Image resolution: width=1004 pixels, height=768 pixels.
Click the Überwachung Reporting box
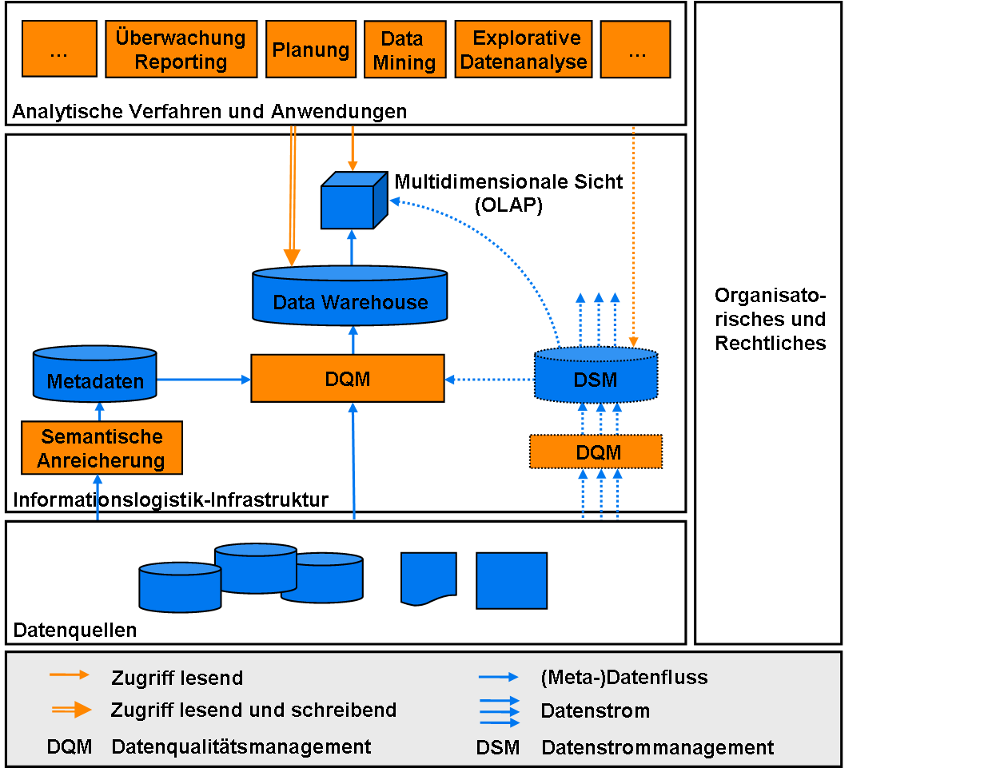(x=181, y=50)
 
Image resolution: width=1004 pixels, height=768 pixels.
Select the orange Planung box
(x=310, y=50)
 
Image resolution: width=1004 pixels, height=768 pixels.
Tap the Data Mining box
(x=404, y=50)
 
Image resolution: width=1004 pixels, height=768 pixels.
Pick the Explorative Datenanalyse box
(x=524, y=50)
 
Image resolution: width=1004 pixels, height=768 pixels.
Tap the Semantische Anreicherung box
(x=102, y=448)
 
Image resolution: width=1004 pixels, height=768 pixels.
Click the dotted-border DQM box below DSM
(x=596, y=452)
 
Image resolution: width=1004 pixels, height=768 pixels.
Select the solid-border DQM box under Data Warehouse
(x=347, y=379)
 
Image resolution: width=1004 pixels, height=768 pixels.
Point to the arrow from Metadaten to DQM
(x=204, y=380)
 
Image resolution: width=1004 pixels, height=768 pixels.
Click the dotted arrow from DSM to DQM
(x=489, y=380)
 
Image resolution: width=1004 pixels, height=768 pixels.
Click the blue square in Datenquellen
(x=512, y=581)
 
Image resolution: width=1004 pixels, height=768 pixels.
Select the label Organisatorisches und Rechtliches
(x=770, y=319)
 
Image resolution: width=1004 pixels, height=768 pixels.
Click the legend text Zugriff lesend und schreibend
(x=253, y=710)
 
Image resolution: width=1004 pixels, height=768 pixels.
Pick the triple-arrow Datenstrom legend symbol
(x=499, y=711)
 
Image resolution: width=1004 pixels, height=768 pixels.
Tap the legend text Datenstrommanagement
(x=657, y=748)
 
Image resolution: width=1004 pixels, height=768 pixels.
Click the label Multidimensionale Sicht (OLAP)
(x=508, y=193)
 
